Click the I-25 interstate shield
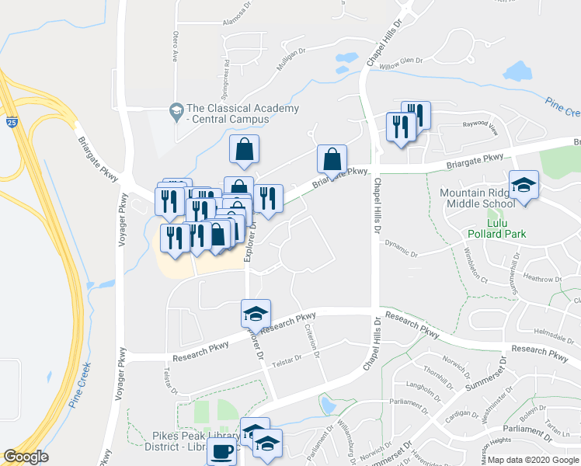tap(11, 123)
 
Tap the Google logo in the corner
tap(26, 457)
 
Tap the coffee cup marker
tap(221, 452)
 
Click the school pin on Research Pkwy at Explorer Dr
tap(256, 313)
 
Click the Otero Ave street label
tap(175, 47)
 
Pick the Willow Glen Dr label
tap(401, 61)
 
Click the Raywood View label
tap(480, 124)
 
